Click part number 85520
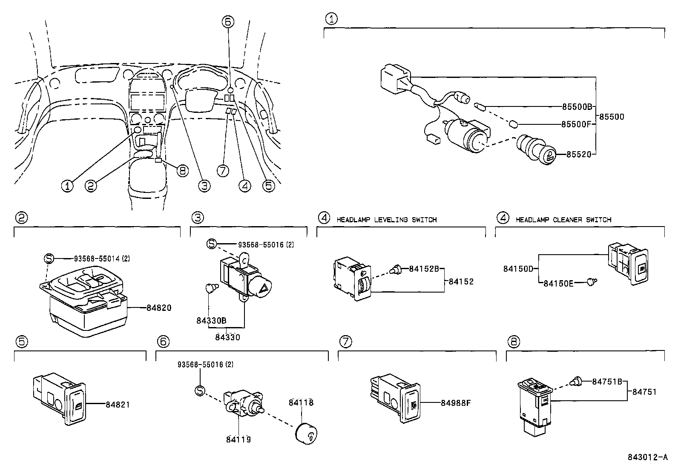point(579,155)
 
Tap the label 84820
point(159,307)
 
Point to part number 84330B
point(211,321)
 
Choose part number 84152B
point(424,269)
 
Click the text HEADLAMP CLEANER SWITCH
point(563,220)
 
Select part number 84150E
point(558,283)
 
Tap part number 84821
point(118,405)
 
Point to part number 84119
point(238,439)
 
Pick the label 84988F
point(455,403)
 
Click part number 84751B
point(607,382)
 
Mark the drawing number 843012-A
point(647,457)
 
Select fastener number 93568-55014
point(98,258)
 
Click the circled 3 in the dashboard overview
point(204,186)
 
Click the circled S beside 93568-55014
point(49,258)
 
